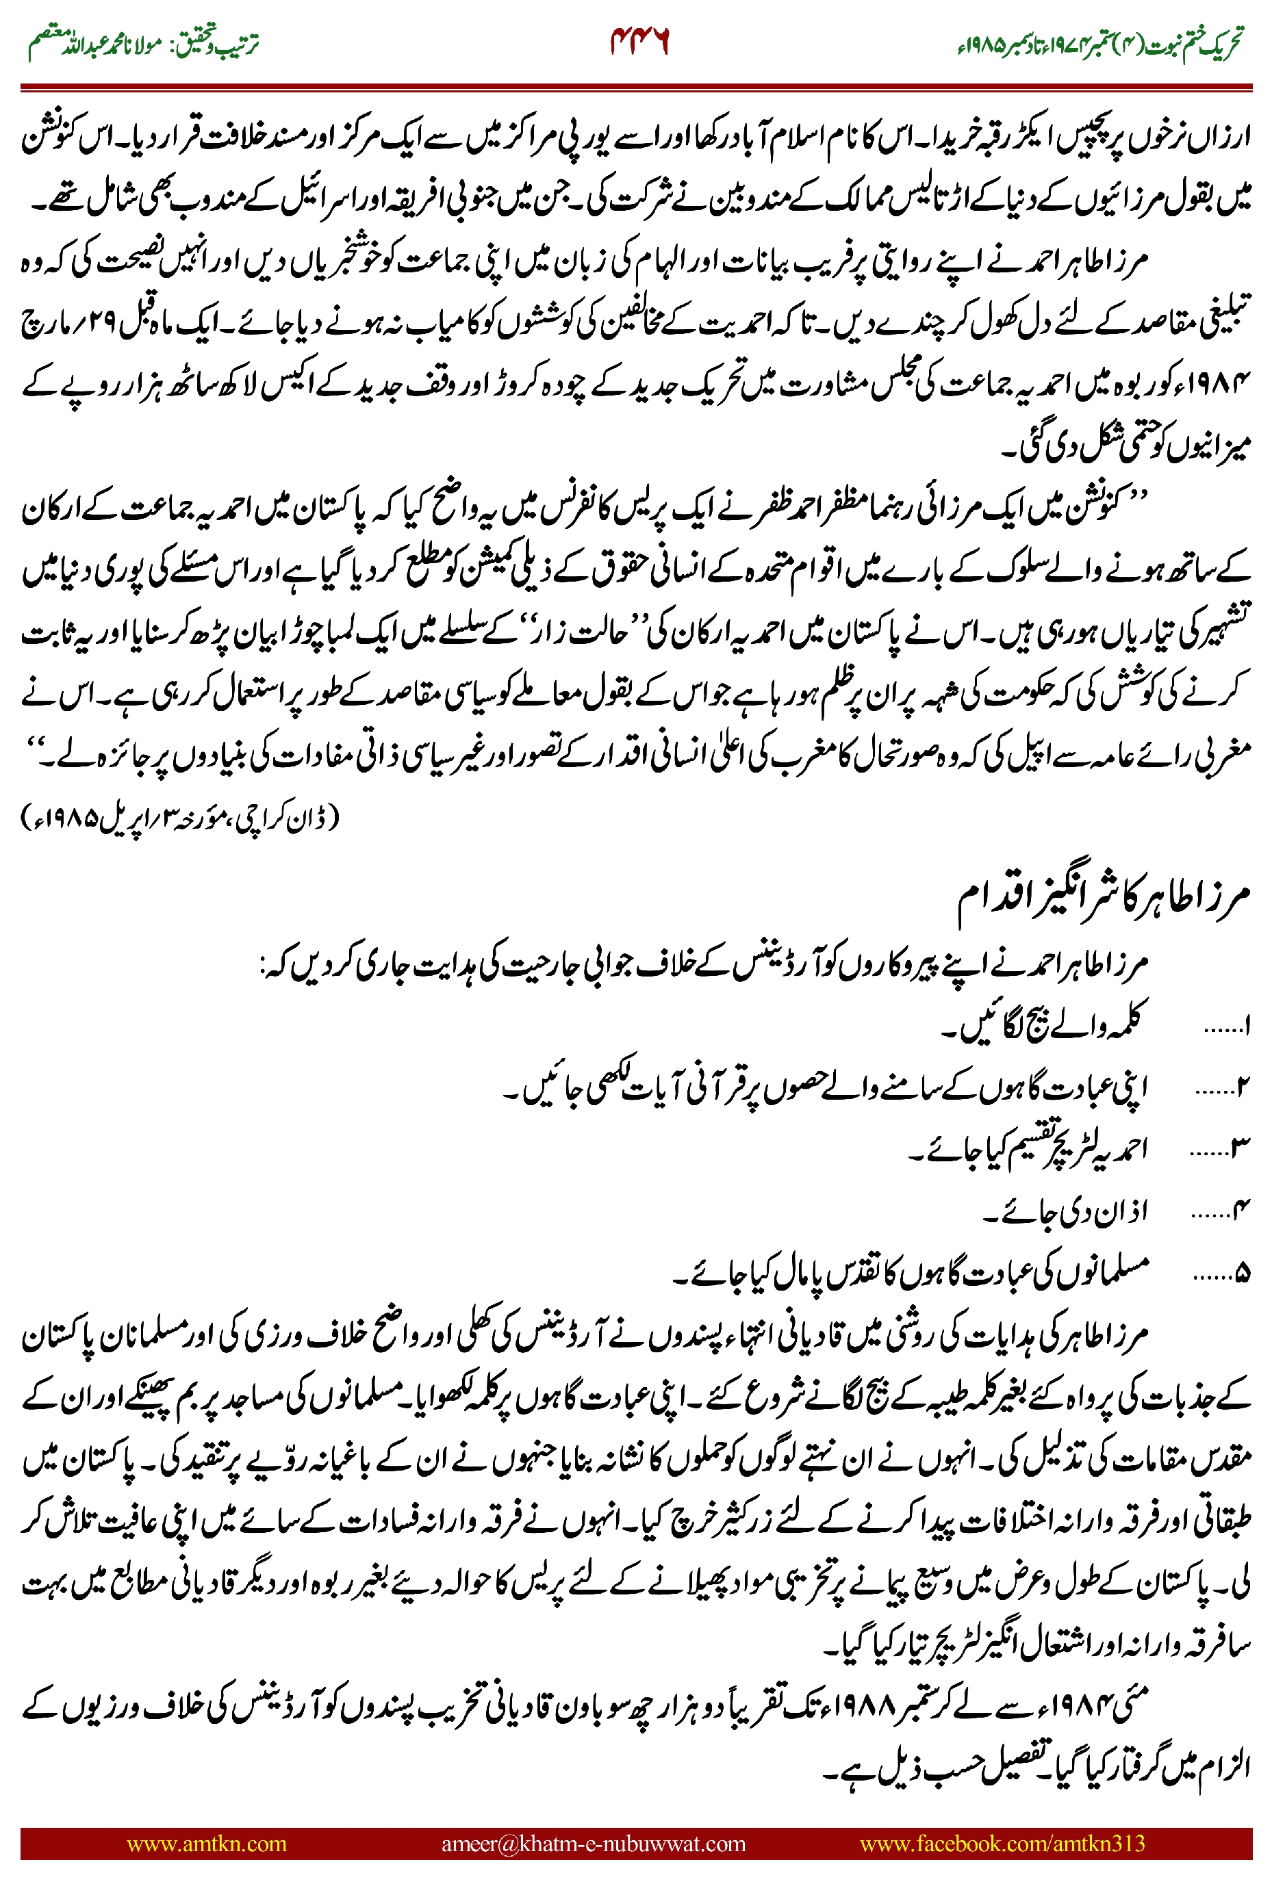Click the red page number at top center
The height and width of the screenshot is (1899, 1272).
tap(639, 41)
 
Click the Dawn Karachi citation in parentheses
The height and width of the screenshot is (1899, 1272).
tap(180, 818)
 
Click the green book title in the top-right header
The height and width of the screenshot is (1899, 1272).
tap(1099, 44)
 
